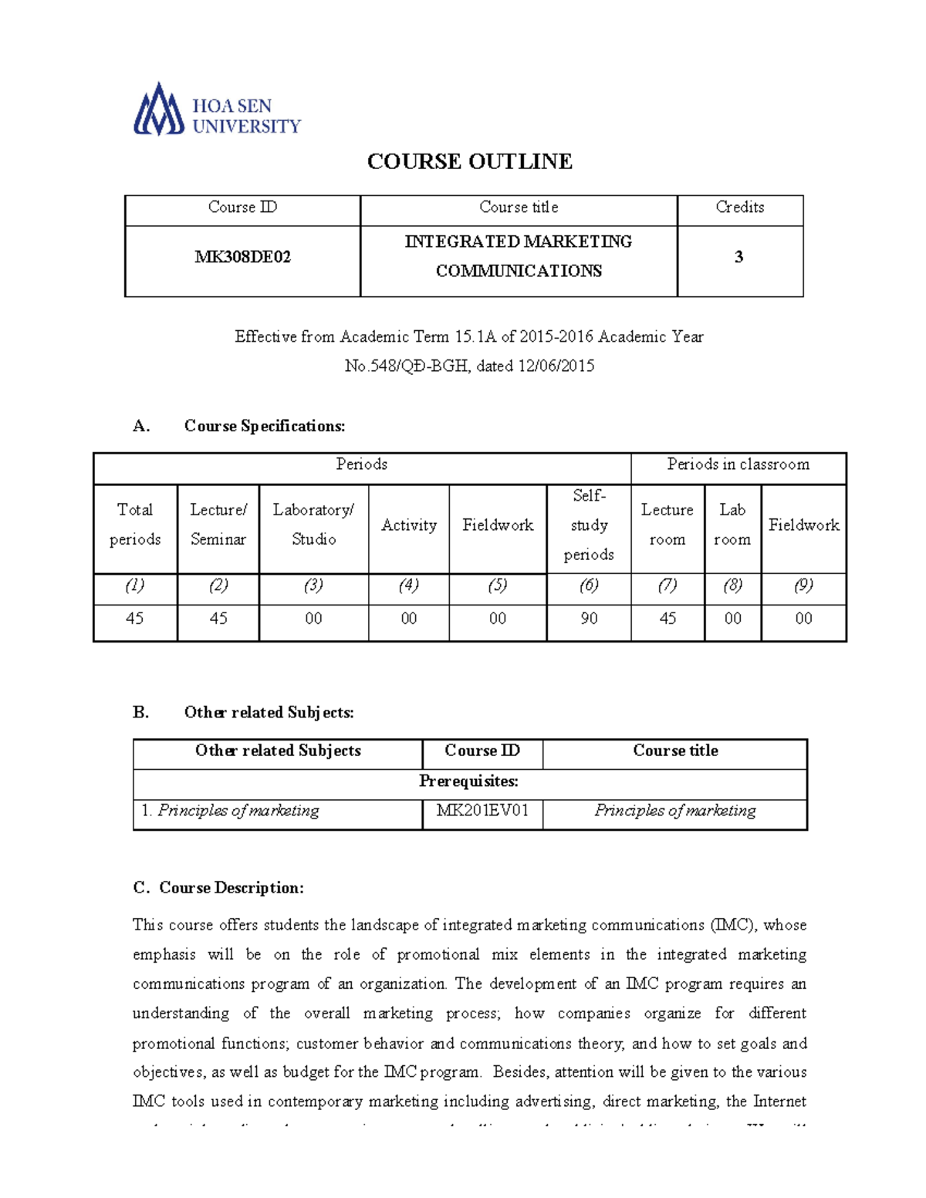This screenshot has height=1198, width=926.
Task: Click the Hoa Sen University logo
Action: click(x=217, y=110)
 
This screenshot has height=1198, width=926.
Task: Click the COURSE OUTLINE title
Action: click(x=469, y=161)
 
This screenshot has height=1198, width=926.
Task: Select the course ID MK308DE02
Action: click(x=242, y=257)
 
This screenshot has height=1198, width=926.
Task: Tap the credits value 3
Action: click(x=738, y=257)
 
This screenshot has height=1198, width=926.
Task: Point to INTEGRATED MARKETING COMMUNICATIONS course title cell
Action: click(x=519, y=256)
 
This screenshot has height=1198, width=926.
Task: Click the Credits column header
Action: click(x=739, y=208)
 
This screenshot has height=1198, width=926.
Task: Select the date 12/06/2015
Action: click(x=556, y=366)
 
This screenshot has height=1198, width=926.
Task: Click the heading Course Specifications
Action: click(x=264, y=426)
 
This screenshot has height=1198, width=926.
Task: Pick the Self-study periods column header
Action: click(x=589, y=525)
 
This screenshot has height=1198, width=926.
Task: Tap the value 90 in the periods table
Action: click(x=589, y=619)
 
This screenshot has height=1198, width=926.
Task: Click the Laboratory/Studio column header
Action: click(x=313, y=525)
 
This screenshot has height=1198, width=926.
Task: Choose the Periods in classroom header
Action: click(x=738, y=464)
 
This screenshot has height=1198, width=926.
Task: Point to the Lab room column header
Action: click(x=732, y=525)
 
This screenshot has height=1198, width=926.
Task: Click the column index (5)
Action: click(x=498, y=586)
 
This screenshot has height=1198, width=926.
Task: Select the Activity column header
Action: click(x=409, y=525)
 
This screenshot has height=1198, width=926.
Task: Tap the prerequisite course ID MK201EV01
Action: click(x=482, y=811)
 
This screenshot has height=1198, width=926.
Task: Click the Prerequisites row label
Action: click(x=468, y=781)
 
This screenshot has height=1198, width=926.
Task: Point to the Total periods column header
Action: click(x=135, y=525)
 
